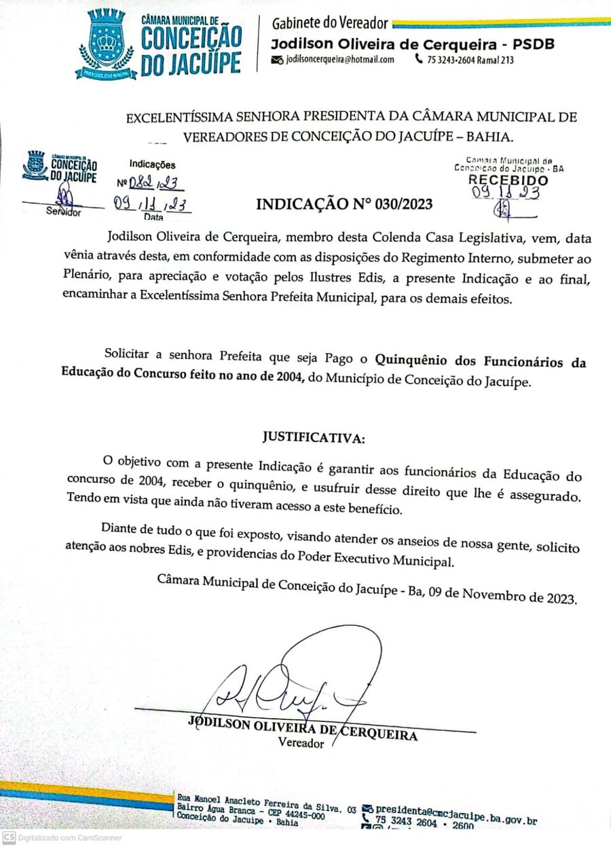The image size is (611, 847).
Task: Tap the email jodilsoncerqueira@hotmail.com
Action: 340,60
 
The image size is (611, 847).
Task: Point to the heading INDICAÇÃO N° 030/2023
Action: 344,204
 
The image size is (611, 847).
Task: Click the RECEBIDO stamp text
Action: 508,180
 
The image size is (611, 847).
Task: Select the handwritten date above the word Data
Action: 151,206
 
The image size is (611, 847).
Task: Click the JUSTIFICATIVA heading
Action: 314,438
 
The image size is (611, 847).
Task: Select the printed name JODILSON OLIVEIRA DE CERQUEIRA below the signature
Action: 302,727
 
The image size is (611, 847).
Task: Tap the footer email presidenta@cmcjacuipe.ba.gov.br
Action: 456,811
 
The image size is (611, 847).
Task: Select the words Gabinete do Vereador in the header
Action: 330,24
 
